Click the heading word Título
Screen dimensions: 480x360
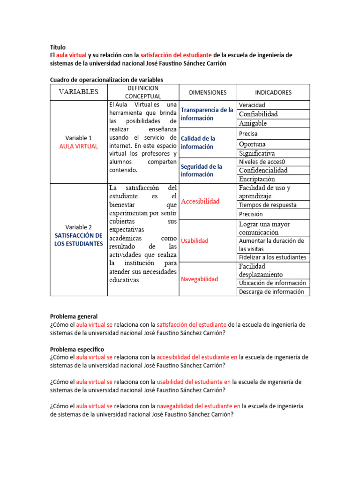pyautogui.click(x=58, y=47)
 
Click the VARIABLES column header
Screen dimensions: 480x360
pyautogui.click(x=78, y=92)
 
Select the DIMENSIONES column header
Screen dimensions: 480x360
pyautogui.click(x=208, y=92)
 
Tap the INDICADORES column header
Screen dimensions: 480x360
pyautogui.click(x=273, y=92)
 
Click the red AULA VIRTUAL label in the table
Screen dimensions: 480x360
pyautogui.click(x=78, y=146)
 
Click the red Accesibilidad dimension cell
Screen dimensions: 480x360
pyautogui.click(x=200, y=201)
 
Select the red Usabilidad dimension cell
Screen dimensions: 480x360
pyautogui.click(x=195, y=241)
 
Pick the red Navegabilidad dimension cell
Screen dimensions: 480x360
pyautogui.click(x=199, y=279)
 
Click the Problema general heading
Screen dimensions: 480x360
pyautogui.click(x=74, y=317)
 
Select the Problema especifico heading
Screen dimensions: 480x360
pyautogui.click(x=77, y=349)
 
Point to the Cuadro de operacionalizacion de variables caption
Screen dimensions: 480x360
pyautogui.click(x=106, y=80)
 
